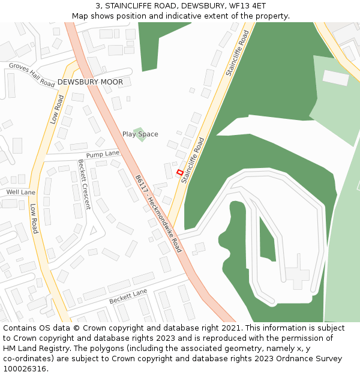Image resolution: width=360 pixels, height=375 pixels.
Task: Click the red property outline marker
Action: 179,172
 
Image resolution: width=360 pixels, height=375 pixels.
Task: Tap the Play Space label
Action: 140,134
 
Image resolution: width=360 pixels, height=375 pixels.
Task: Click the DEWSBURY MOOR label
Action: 90,82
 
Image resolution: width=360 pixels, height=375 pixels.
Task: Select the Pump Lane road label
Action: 103,154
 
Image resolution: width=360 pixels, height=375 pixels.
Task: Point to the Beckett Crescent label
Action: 84,184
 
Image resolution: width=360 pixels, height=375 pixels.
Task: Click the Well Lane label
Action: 20,192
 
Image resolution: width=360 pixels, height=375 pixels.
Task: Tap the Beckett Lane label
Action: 128,295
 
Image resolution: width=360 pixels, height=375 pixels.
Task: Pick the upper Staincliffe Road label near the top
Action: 238,53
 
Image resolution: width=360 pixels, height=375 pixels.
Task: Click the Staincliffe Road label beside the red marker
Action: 193,160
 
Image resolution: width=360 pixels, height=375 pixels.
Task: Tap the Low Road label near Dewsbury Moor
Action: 58,109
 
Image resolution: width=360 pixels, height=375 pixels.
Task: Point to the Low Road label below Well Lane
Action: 34,218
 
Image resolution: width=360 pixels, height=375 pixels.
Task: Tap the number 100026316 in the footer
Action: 25,368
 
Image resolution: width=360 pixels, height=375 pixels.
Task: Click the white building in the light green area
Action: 335,77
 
